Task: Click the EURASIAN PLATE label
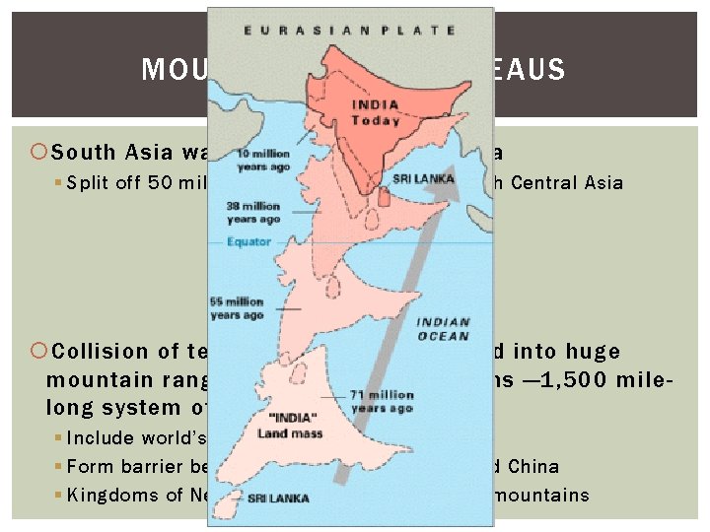[350, 31]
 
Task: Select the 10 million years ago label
[263, 161]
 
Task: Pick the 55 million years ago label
[237, 307]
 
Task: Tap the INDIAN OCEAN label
[443, 329]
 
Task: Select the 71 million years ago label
[383, 400]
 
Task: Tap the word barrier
[154, 467]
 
